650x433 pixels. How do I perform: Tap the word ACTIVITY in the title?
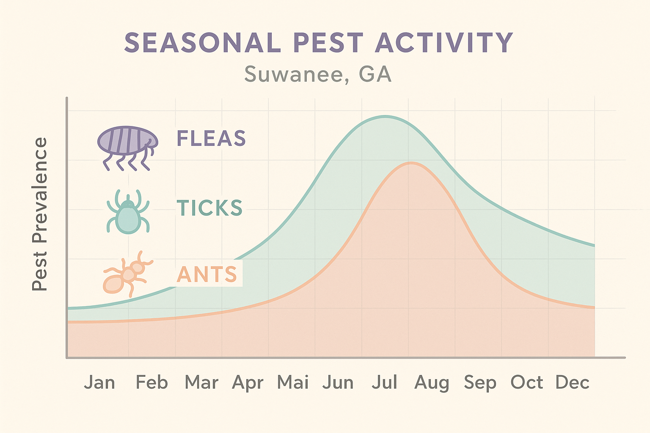click(444, 43)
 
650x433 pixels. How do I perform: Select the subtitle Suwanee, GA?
click(318, 74)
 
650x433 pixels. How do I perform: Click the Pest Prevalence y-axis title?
click(40, 214)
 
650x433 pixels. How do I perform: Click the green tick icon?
click(128, 211)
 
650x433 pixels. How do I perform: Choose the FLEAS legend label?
click(211, 138)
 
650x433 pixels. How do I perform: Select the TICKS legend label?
click(209, 208)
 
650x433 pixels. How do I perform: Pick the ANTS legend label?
click(207, 274)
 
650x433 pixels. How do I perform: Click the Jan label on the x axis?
click(99, 382)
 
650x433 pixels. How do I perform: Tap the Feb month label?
click(151, 382)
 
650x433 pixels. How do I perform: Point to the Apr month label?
click(248, 383)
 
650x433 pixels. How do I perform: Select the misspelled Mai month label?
click(293, 382)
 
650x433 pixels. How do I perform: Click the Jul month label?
click(385, 382)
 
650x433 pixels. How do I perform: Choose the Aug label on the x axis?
click(432, 383)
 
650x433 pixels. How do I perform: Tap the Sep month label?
click(480, 383)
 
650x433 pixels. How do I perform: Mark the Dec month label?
click(573, 382)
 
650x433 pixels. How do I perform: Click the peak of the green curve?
click(385, 116)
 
